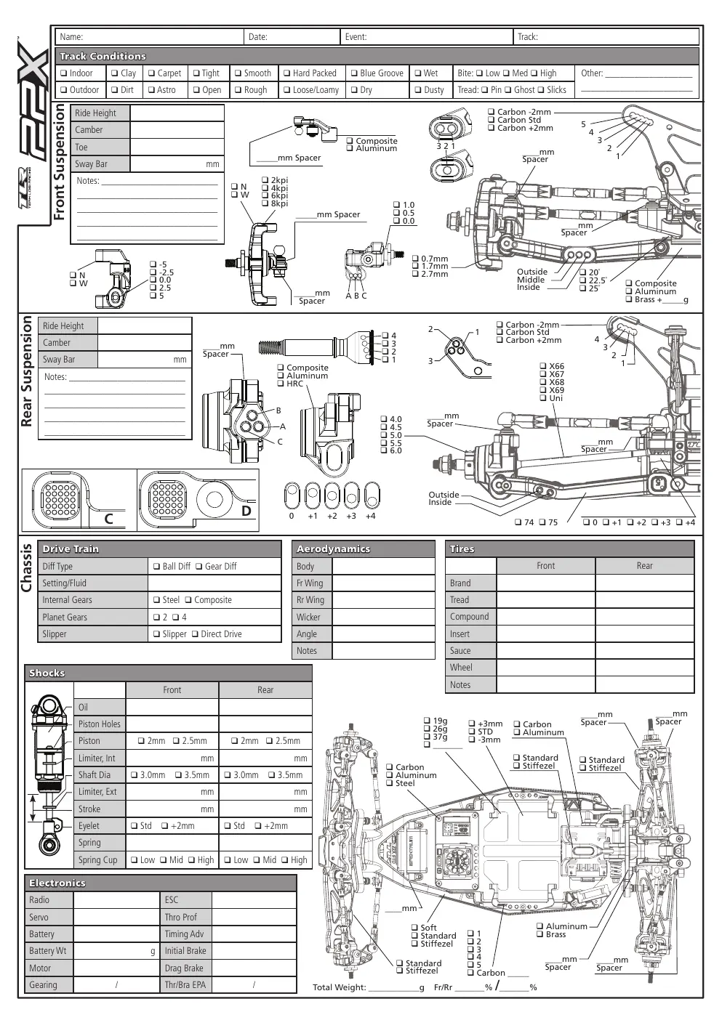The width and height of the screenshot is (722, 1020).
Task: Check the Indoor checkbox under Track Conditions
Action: click(64, 73)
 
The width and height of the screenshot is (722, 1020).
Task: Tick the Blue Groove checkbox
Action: click(354, 73)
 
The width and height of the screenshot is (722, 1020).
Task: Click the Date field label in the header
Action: click(258, 37)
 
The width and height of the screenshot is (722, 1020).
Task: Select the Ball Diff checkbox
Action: click(156, 567)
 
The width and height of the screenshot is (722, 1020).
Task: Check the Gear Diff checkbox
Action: click(198, 567)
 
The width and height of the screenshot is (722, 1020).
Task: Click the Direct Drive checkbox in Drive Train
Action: click(195, 634)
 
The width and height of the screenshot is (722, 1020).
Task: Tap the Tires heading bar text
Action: click(462, 549)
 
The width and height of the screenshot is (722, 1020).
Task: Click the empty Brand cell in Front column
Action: click(545, 583)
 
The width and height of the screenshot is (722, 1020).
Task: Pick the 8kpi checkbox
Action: click(265, 203)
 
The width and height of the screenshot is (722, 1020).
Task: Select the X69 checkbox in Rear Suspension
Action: click(543, 390)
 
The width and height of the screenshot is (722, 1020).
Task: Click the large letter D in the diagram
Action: click(246, 511)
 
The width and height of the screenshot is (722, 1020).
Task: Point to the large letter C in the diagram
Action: click(108, 519)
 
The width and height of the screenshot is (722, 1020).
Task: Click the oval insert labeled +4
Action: click(372, 495)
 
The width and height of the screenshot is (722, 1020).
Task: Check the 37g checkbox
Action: click(427, 737)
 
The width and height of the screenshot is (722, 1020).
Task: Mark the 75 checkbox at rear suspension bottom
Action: click(542, 522)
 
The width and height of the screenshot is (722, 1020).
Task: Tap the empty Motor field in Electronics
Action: click(116, 968)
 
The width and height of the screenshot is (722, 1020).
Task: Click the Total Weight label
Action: click(339, 987)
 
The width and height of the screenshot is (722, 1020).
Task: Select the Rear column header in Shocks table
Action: click(265, 690)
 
